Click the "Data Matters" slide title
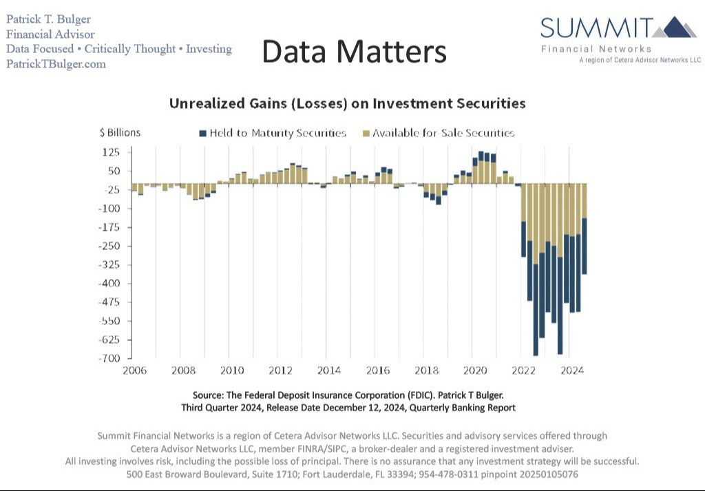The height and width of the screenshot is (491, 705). coord(354,52)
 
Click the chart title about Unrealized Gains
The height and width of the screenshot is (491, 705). coord(347,104)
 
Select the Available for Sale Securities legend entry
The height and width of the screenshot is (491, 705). coord(438,133)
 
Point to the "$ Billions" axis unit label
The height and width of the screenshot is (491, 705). coord(120,133)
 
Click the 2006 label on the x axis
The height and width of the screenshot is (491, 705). coord(135,370)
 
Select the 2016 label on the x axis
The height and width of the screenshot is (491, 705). coord(378,370)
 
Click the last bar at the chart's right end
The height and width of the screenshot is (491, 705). coord(584,227)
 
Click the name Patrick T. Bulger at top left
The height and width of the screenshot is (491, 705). coord(48,19)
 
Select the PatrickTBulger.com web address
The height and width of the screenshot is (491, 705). coord(56,64)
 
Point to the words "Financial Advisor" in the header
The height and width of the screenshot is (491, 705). coord(50,34)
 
